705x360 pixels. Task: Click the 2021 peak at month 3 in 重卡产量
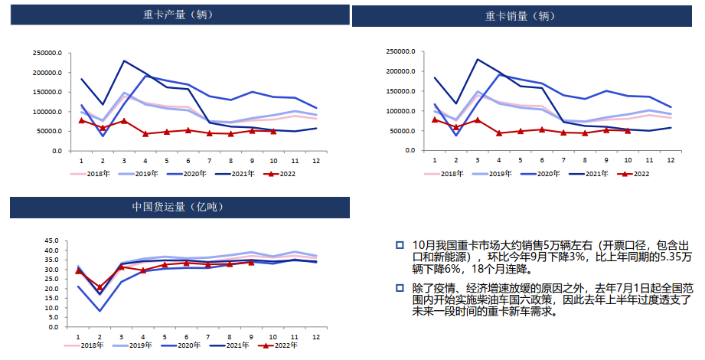[x=124, y=61]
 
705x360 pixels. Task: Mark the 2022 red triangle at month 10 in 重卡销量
[x=628, y=131]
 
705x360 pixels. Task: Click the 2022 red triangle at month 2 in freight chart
[x=100, y=288]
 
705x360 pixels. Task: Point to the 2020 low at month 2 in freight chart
[x=100, y=310]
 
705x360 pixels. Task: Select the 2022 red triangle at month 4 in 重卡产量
[x=145, y=133]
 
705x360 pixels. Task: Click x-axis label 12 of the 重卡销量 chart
[x=670, y=160]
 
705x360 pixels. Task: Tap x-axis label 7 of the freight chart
[x=208, y=337]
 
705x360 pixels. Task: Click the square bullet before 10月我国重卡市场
[x=399, y=245]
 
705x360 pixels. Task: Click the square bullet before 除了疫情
[x=399, y=289]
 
